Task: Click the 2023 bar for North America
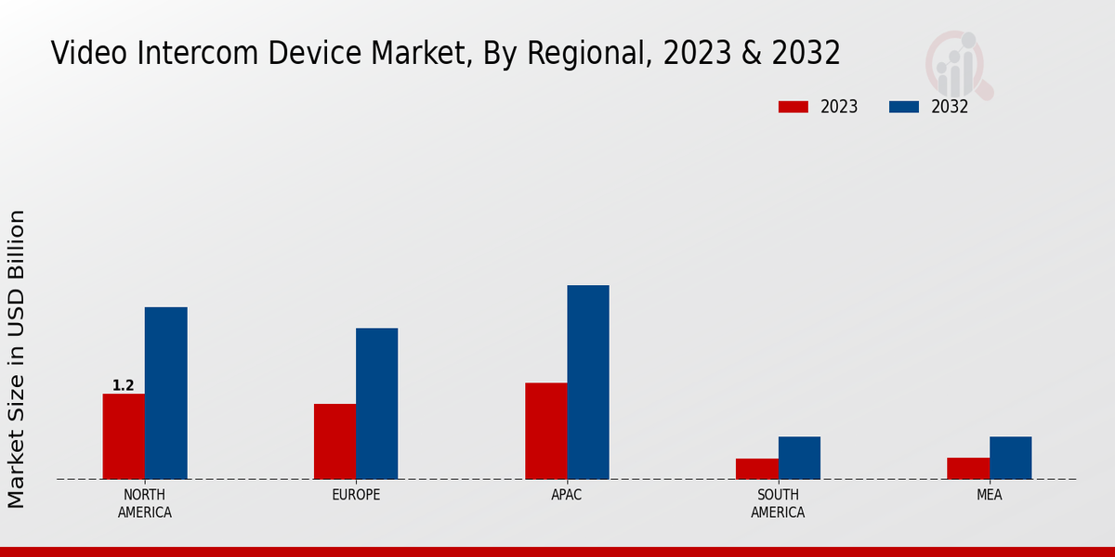[124, 436]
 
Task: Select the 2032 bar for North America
[165, 393]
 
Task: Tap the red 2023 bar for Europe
[334, 441]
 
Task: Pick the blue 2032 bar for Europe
[376, 403]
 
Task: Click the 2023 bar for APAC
[545, 431]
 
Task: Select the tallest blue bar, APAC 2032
[588, 382]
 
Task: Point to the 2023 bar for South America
[756, 469]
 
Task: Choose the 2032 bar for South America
[799, 458]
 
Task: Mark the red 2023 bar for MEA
[967, 468]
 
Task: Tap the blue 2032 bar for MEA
[1010, 458]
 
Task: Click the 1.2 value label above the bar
[124, 385]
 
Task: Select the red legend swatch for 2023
[793, 107]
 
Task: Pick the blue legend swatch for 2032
[903, 107]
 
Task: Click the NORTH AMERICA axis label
[145, 503]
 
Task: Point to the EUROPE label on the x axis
[356, 495]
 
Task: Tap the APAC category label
[567, 495]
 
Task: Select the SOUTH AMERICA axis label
[778, 503]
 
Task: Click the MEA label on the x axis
[989, 495]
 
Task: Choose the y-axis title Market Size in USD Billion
[17, 358]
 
